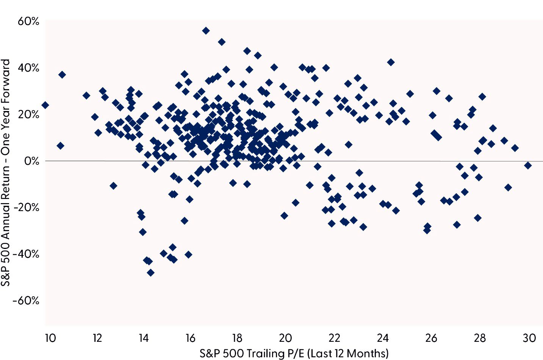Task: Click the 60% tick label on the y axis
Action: click(28, 21)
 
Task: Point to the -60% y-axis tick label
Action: click(26, 301)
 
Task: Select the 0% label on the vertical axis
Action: click(31, 161)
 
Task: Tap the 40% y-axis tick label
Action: click(28, 68)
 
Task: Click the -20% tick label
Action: click(26, 208)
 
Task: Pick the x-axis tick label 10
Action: click(50, 338)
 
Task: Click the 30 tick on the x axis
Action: click(529, 338)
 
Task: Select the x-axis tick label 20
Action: click(286, 338)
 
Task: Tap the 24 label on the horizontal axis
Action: click(383, 338)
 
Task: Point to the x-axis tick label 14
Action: click(143, 338)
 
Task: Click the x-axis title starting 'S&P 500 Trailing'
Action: click(294, 353)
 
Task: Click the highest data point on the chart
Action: click(206, 31)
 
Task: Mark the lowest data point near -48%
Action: click(150, 272)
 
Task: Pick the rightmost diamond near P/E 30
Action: click(527, 165)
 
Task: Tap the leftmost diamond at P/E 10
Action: click(45, 105)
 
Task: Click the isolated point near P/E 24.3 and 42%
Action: click(391, 62)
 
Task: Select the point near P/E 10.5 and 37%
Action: click(62, 75)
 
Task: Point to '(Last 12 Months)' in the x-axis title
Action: click(347, 353)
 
